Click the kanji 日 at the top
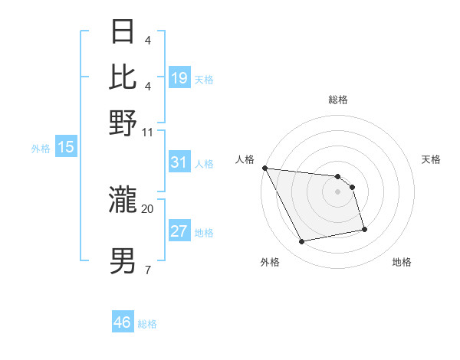point(124,33)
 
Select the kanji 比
point(124,77)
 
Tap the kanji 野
point(124,123)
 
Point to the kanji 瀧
point(124,201)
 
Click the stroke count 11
point(148,131)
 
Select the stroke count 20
point(148,208)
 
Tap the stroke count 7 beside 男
point(147,270)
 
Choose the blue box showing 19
point(179,78)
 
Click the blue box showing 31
point(179,162)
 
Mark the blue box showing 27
point(179,231)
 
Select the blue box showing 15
point(66,147)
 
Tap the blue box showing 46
point(123,322)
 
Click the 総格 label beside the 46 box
point(147,324)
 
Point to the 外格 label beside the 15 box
point(41,149)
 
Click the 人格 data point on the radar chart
point(264,168)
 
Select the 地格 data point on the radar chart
point(364,229)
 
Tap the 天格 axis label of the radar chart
point(432,159)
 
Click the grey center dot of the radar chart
point(337,191)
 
